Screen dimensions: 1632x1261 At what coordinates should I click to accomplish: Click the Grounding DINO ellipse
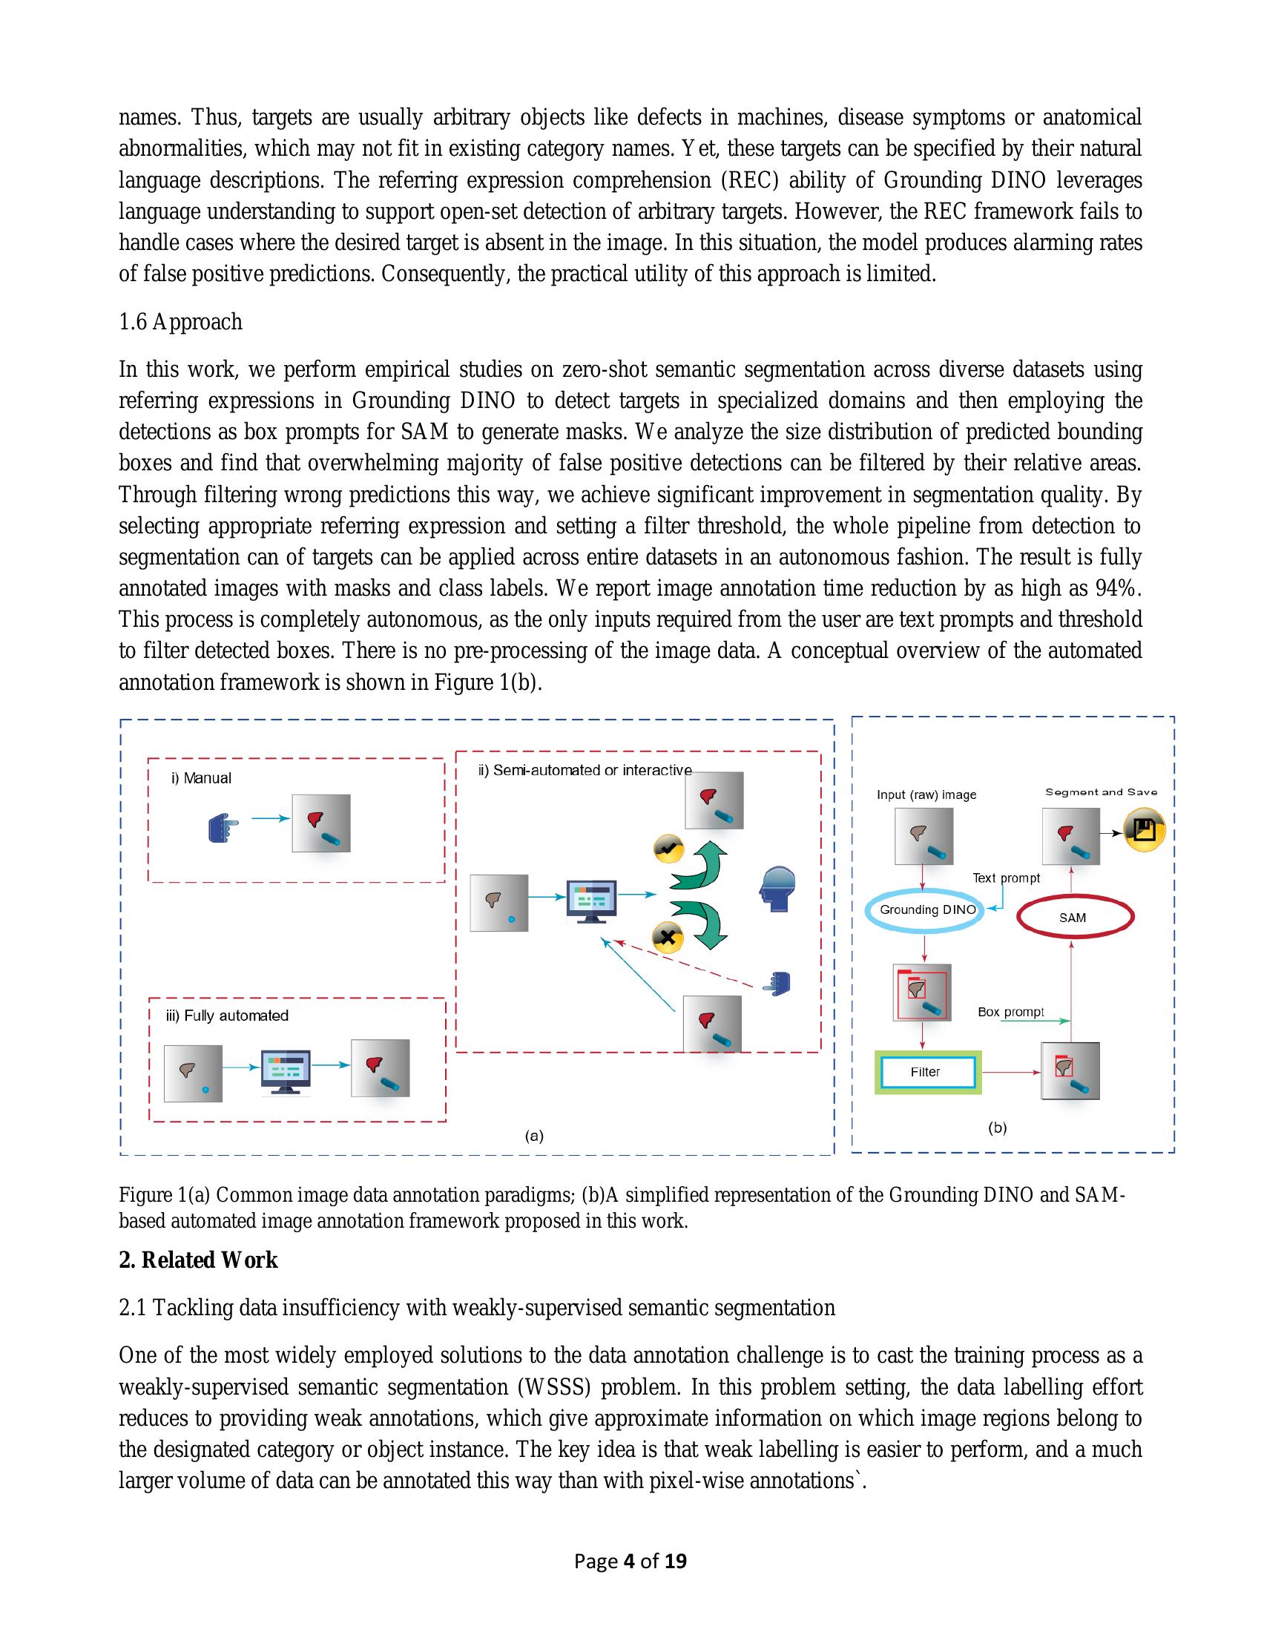pos(926,910)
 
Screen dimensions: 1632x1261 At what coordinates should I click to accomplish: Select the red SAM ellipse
pos(1074,918)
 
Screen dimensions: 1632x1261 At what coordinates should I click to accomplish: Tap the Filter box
pos(926,1073)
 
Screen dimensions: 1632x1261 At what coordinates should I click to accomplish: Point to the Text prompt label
pos(1006,878)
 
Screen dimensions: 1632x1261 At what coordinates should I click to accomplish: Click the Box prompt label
pos(1010,1012)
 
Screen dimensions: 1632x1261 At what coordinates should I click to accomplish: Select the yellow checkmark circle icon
pos(668,849)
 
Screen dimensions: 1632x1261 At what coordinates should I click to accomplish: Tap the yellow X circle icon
pos(667,936)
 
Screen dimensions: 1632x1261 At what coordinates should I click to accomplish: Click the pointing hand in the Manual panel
pos(223,829)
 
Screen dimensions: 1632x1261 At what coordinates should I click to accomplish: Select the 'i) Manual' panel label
pos(201,778)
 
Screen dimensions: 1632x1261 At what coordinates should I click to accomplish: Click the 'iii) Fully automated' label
pos(227,1016)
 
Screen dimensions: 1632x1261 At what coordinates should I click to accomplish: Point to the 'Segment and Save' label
pos(1100,792)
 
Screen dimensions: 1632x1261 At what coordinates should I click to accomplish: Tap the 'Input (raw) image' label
pos(926,794)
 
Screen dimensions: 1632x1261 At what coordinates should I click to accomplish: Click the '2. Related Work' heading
pos(198,1260)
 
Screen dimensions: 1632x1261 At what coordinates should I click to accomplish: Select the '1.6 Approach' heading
pos(180,322)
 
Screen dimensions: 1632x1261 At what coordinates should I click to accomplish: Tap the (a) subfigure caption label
pos(533,1136)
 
